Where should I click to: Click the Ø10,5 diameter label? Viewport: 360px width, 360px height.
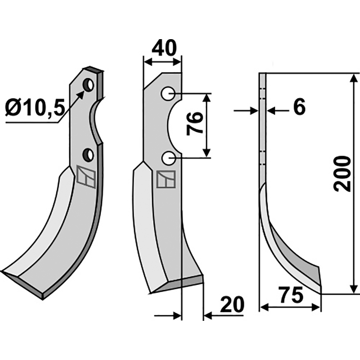[34, 108]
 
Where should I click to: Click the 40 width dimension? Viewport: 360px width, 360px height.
[164, 48]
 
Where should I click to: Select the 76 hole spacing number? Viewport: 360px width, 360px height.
[195, 124]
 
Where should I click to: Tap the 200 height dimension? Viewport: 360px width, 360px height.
[342, 174]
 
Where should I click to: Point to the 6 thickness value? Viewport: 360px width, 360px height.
[299, 107]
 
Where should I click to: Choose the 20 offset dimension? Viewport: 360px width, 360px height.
[232, 305]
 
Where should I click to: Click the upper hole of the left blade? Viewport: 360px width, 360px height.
[88, 85]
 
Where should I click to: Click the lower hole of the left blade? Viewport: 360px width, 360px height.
[88, 155]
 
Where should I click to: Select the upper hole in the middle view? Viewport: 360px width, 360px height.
[168, 94]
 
